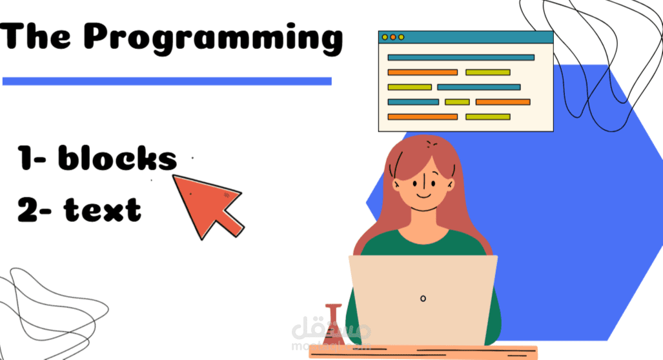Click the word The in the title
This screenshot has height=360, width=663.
pyautogui.click(x=35, y=36)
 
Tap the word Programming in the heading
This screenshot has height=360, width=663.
pyautogui.click(x=214, y=39)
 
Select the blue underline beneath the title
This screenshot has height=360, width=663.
pyautogui.click(x=167, y=81)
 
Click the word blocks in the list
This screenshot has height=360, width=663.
pyautogui.click(x=117, y=158)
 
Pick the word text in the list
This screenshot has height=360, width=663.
pyautogui.click(x=102, y=210)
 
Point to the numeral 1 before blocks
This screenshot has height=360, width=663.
pyautogui.click(x=25, y=158)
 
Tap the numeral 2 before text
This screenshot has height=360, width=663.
pyautogui.click(x=28, y=210)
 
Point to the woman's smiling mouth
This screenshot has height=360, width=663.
pyautogui.click(x=423, y=195)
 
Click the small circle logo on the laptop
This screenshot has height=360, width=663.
pyautogui.click(x=423, y=299)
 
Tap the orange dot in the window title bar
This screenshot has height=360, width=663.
pyautogui.click(x=393, y=37)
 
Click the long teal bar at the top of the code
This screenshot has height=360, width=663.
pyautogui.click(x=461, y=57)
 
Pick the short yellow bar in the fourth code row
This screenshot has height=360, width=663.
pyautogui.click(x=457, y=102)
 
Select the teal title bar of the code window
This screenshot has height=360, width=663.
pyautogui.click(x=466, y=37)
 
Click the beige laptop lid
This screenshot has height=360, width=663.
pyautogui.click(x=423, y=300)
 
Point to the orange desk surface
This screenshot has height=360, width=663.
pyautogui.click(x=423, y=352)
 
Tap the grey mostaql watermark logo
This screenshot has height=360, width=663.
pyautogui.click(x=331, y=334)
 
